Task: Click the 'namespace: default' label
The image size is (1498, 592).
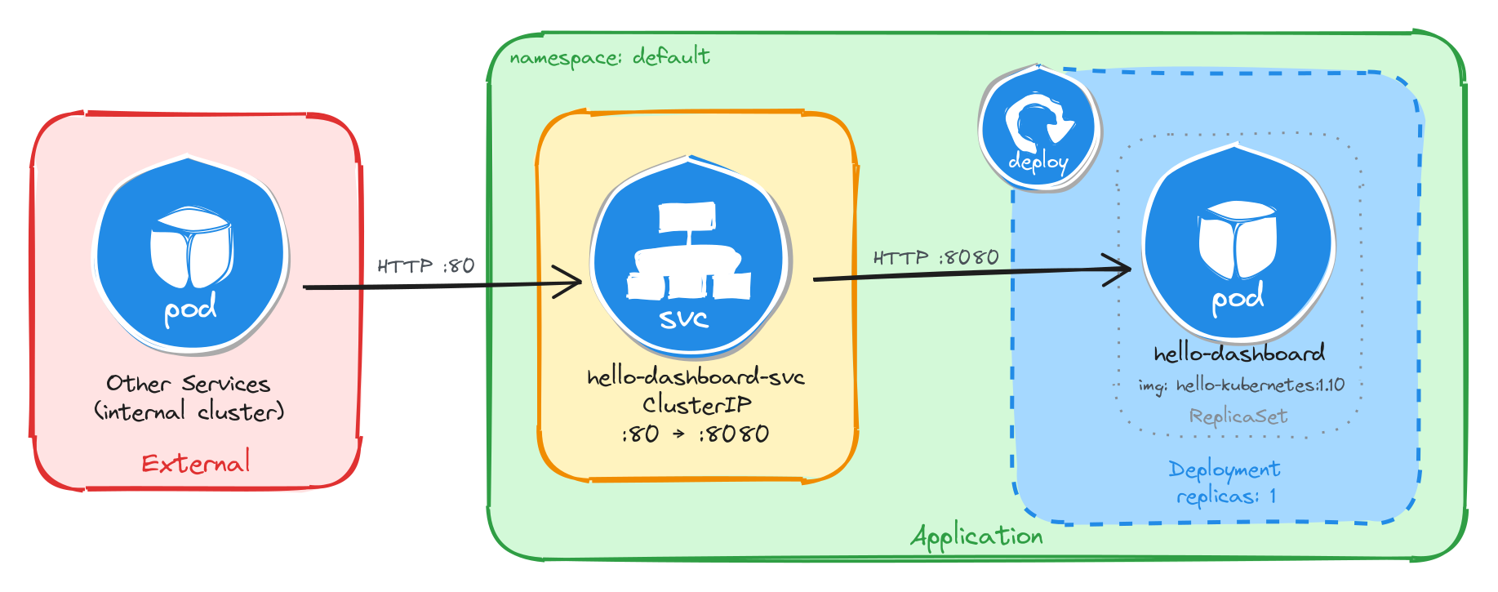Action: click(x=609, y=57)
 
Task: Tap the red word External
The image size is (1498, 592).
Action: click(x=196, y=464)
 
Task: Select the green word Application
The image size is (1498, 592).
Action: click(x=976, y=536)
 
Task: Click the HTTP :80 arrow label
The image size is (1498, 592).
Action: click(x=425, y=266)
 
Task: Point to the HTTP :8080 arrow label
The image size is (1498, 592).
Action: click(x=936, y=258)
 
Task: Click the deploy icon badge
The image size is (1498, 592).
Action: click(x=1038, y=129)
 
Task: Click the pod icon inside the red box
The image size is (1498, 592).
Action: click(x=191, y=255)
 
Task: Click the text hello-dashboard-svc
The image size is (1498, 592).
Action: click(x=696, y=377)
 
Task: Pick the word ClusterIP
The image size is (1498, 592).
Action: click(x=696, y=405)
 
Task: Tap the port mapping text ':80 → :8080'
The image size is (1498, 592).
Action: click(x=695, y=434)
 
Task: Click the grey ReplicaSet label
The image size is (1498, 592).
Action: click(x=1238, y=416)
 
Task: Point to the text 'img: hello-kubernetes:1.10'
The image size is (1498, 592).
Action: click(x=1241, y=385)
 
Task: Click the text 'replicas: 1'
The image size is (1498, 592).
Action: click(x=1225, y=496)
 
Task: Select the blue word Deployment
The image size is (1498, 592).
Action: click(x=1224, y=470)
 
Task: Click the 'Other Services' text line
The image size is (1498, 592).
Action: click(x=188, y=384)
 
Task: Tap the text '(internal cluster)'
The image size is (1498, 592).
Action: click(x=189, y=412)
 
